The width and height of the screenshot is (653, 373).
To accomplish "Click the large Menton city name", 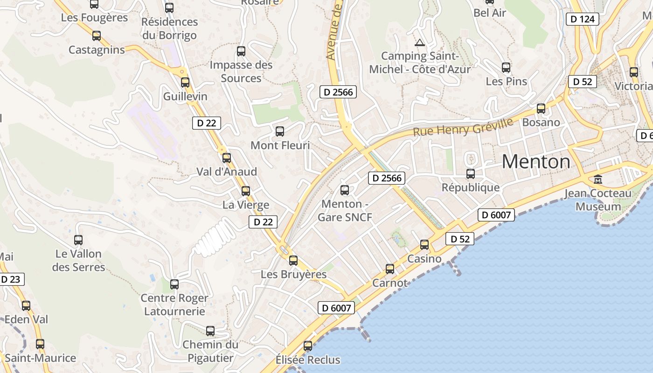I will tap(536, 162).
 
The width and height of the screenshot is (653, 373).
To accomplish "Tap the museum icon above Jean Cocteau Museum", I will tap(597, 179).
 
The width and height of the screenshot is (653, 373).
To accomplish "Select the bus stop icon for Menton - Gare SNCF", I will tap(345, 190).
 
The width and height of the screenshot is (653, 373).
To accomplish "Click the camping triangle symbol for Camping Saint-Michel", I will tap(420, 43).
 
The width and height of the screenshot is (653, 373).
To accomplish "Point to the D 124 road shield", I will tap(583, 19).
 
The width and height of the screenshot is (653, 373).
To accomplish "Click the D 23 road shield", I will tap(11, 279).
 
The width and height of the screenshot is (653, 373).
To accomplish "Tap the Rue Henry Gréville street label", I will tap(463, 127).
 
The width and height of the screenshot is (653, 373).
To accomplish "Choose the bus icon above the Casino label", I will tap(424, 244).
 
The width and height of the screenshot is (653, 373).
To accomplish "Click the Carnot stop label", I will tap(390, 283).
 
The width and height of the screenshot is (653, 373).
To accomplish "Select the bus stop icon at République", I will tap(471, 174).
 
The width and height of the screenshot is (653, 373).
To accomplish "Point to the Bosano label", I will tap(541, 122).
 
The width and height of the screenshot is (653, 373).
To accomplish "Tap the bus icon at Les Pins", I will tap(506, 68).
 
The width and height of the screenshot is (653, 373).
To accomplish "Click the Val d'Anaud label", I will tap(227, 172).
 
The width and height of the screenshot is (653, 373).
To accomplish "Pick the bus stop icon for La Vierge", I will tap(246, 191).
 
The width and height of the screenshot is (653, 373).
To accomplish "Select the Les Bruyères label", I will tap(293, 274).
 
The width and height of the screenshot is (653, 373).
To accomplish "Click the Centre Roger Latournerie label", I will tap(174, 304).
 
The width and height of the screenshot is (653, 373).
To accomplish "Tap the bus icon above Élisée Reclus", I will tap(308, 346).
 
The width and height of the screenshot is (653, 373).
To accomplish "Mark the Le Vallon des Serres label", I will tap(78, 261).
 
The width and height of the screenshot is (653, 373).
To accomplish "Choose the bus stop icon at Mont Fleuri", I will tap(280, 131).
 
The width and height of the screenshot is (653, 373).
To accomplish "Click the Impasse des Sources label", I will tap(241, 71).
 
